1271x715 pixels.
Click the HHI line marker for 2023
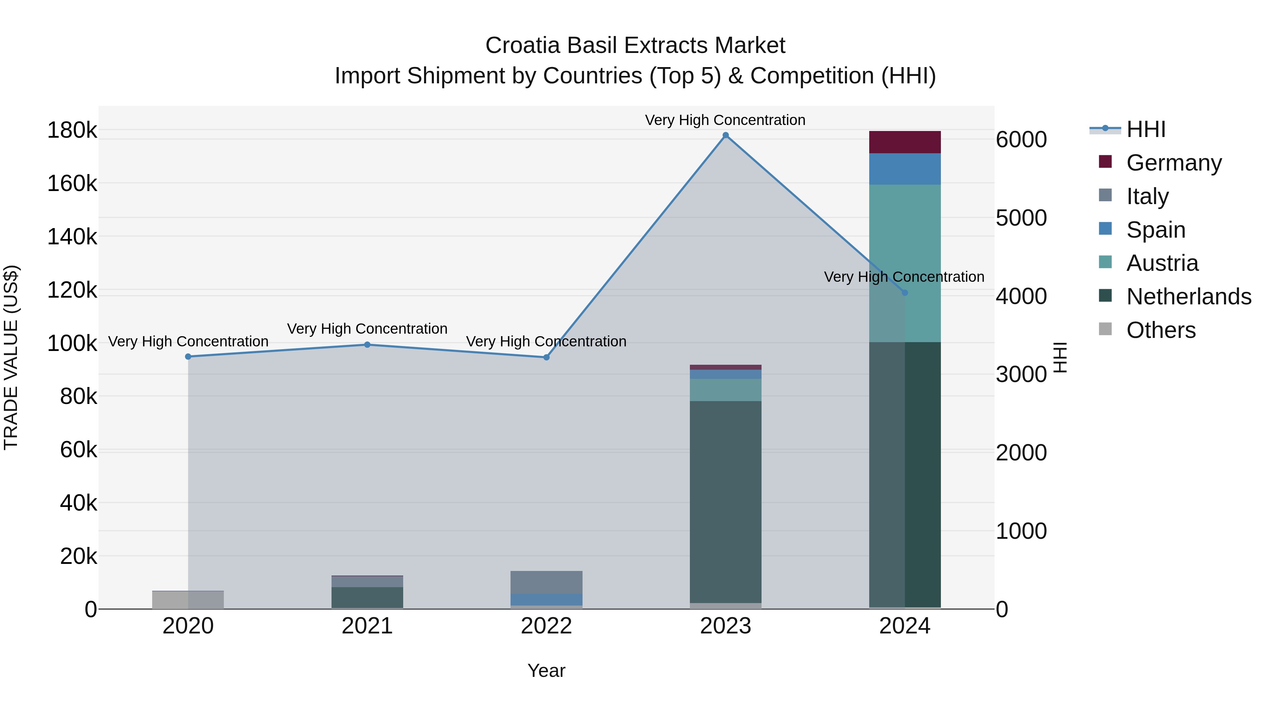[725, 135]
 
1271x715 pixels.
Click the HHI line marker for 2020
[188, 356]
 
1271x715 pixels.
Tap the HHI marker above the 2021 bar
[367, 344]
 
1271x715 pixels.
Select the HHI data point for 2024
[905, 293]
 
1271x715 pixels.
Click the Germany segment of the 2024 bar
[905, 142]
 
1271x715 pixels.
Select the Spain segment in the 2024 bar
[905, 169]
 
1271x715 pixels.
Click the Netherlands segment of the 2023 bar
[725, 501]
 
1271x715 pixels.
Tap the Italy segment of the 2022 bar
[546, 582]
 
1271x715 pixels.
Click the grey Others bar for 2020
[188, 600]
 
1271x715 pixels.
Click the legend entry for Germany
[1173, 163]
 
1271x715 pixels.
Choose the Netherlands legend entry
[1188, 297]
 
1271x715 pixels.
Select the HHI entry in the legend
[1145, 129]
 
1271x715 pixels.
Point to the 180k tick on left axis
[72, 130]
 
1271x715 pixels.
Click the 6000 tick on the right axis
[1021, 139]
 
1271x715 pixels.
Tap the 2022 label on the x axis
[546, 626]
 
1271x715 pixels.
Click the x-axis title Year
[546, 671]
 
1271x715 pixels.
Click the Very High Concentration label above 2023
[725, 120]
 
